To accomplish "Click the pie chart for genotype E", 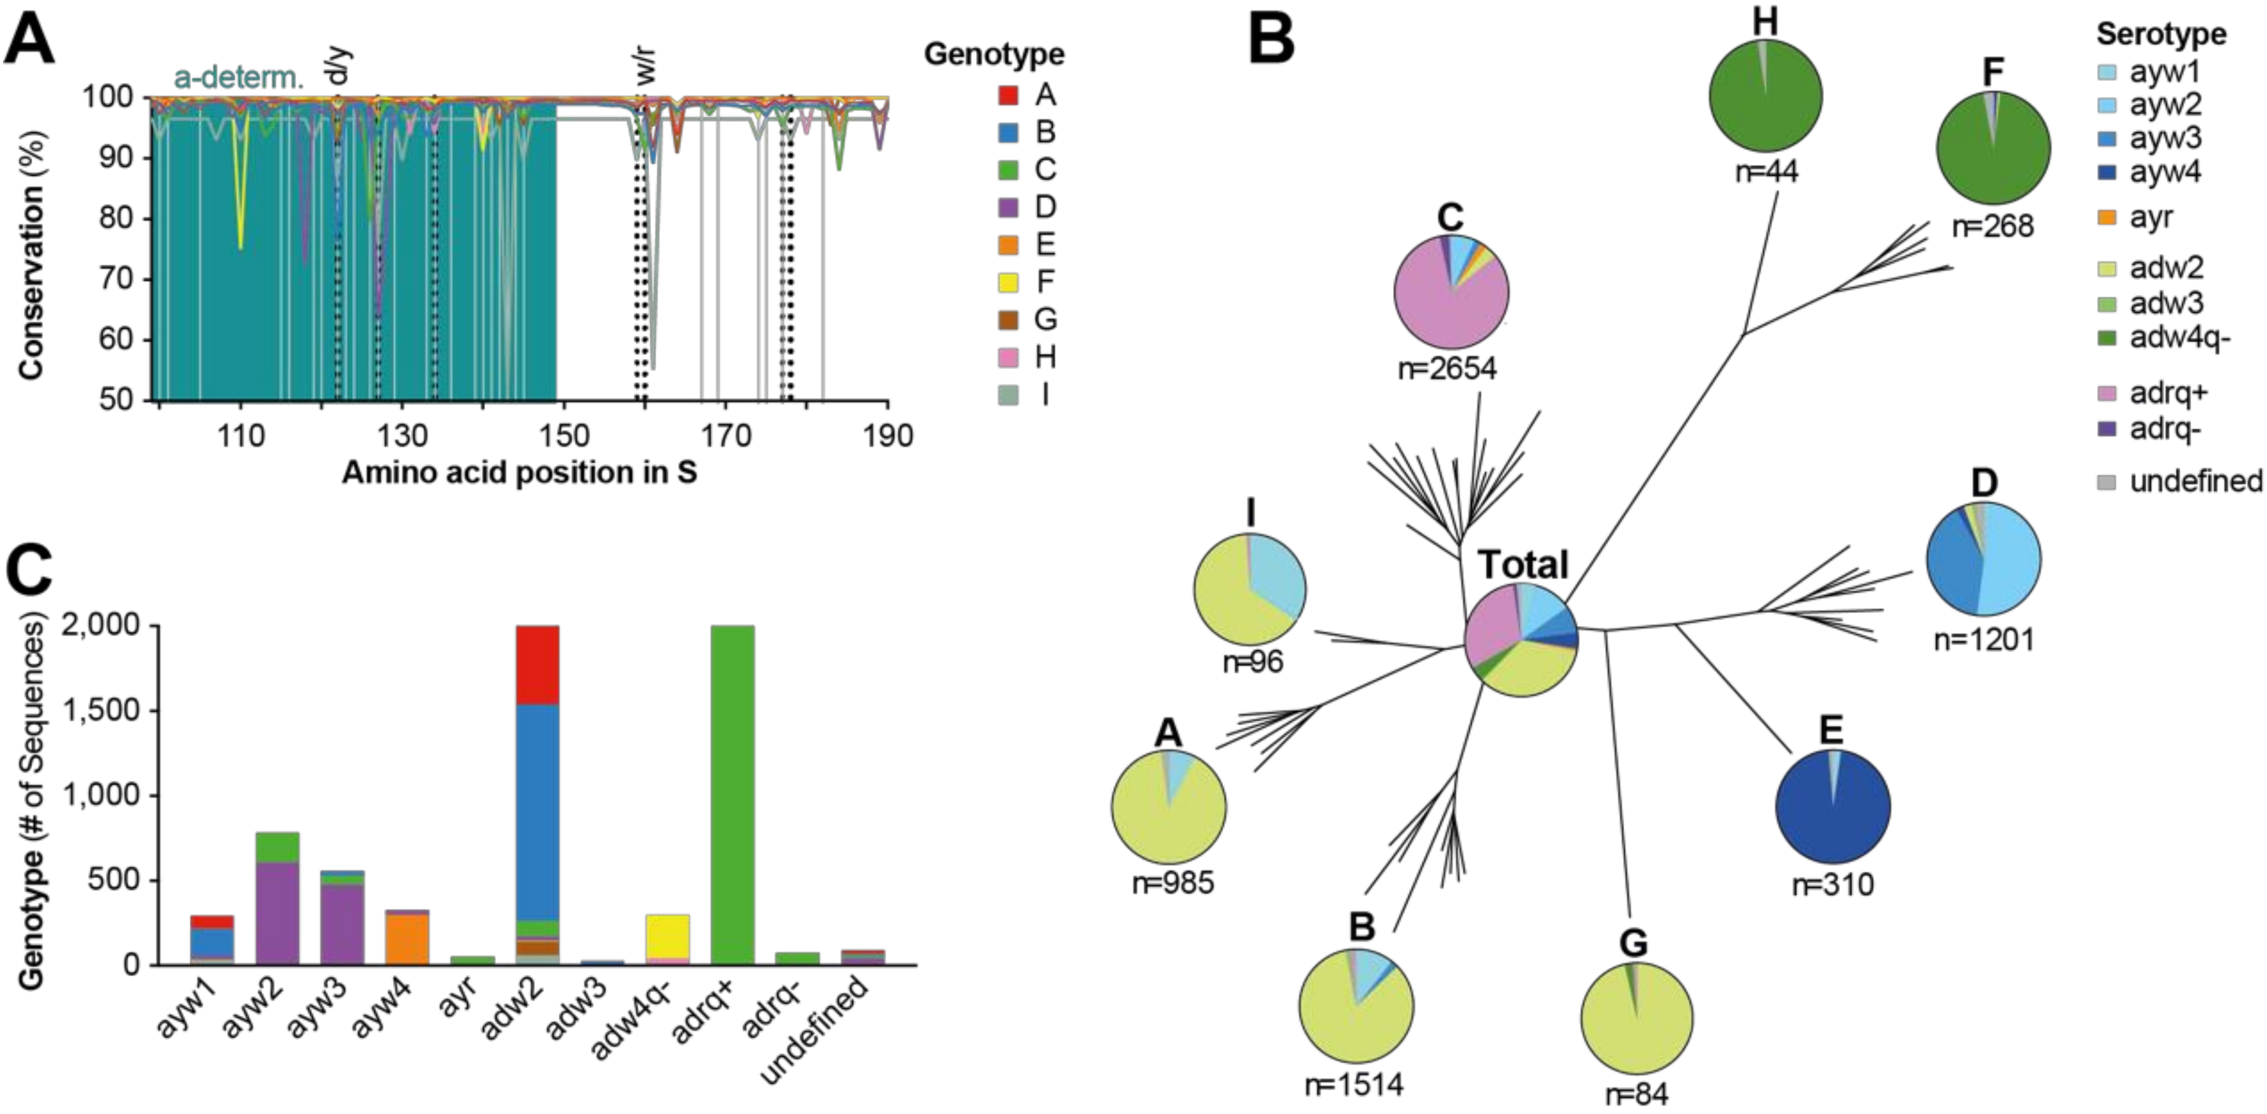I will (x=1833, y=806).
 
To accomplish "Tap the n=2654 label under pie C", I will (x=1447, y=368).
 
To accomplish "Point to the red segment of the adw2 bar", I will (x=537, y=665).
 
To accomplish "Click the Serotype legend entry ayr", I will (x=2151, y=218).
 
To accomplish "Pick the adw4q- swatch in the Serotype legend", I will (x=2107, y=339).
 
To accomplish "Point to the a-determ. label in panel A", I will (x=239, y=79).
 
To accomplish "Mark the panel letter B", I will (x=1272, y=40).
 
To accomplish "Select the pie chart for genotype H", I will (x=1765, y=95).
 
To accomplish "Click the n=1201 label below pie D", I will (x=1984, y=640).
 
